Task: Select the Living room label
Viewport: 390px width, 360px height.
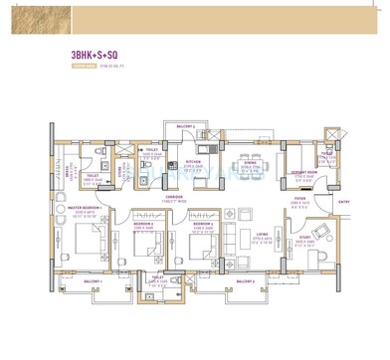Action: point(264,238)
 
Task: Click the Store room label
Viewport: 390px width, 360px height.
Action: point(120,170)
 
